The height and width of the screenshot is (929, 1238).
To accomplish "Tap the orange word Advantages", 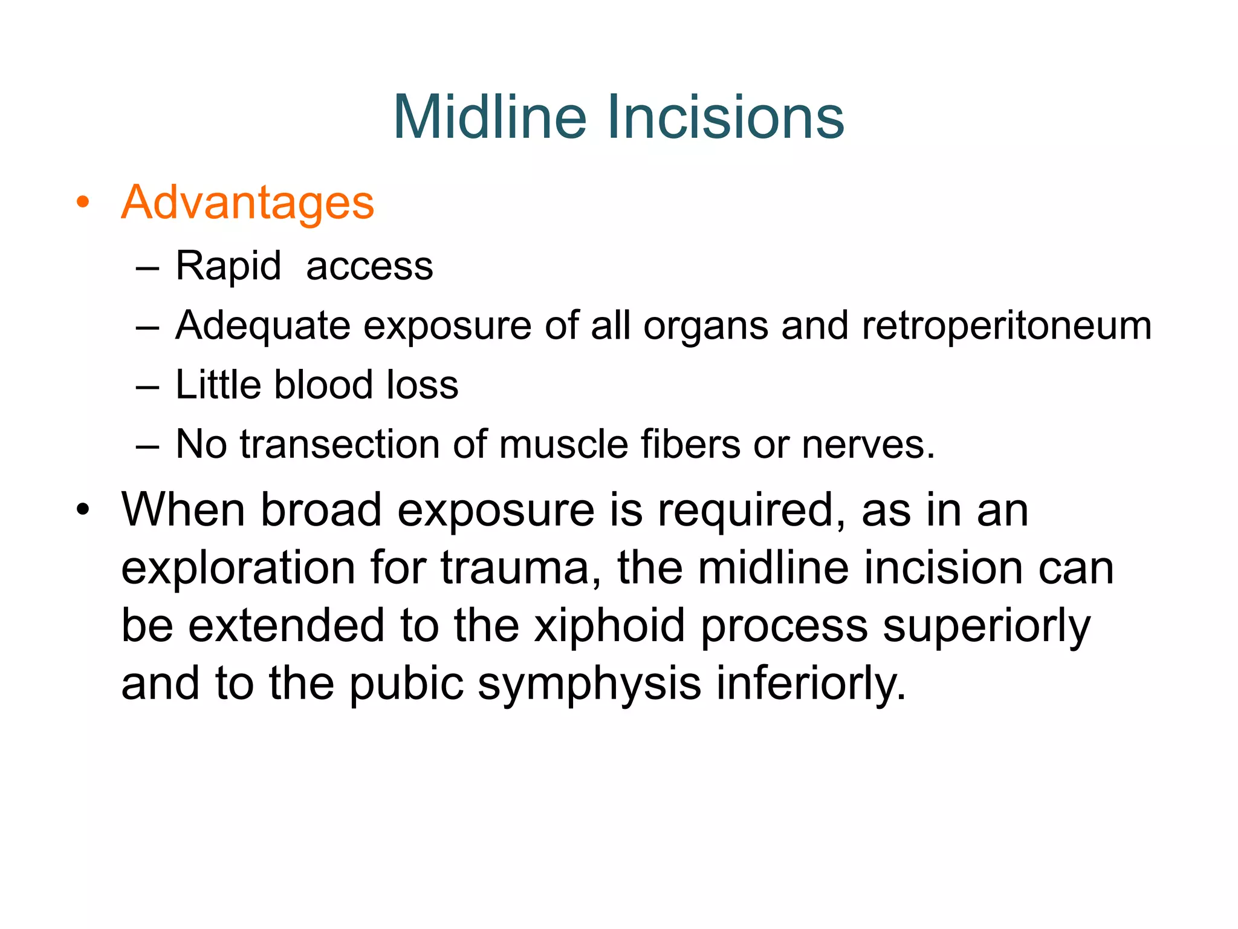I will [x=248, y=203].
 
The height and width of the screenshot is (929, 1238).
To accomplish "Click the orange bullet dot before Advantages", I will [x=83, y=202].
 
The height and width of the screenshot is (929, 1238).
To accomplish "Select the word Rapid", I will [x=228, y=266].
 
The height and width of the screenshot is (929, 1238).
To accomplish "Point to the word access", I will [x=369, y=266].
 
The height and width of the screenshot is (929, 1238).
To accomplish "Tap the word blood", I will [x=323, y=385].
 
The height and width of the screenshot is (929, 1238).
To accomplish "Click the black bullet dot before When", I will [x=83, y=510].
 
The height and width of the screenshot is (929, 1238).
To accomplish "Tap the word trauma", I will [x=520, y=568].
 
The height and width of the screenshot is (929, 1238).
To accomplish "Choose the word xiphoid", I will [x=609, y=625].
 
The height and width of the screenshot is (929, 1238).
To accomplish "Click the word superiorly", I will [x=987, y=627].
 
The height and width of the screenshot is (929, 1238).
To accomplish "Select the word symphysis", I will [x=589, y=684].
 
